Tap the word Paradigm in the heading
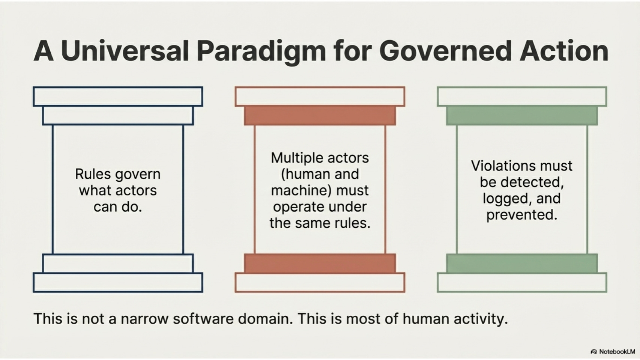click(261, 51)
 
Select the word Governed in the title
click(445, 51)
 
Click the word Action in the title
click(564, 51)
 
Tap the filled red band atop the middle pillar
click(320, 115)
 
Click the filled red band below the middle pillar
click(320, 263)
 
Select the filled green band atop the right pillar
click(522, 115)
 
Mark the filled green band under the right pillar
click(522, 263)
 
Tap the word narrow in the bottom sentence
click(144, 319)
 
